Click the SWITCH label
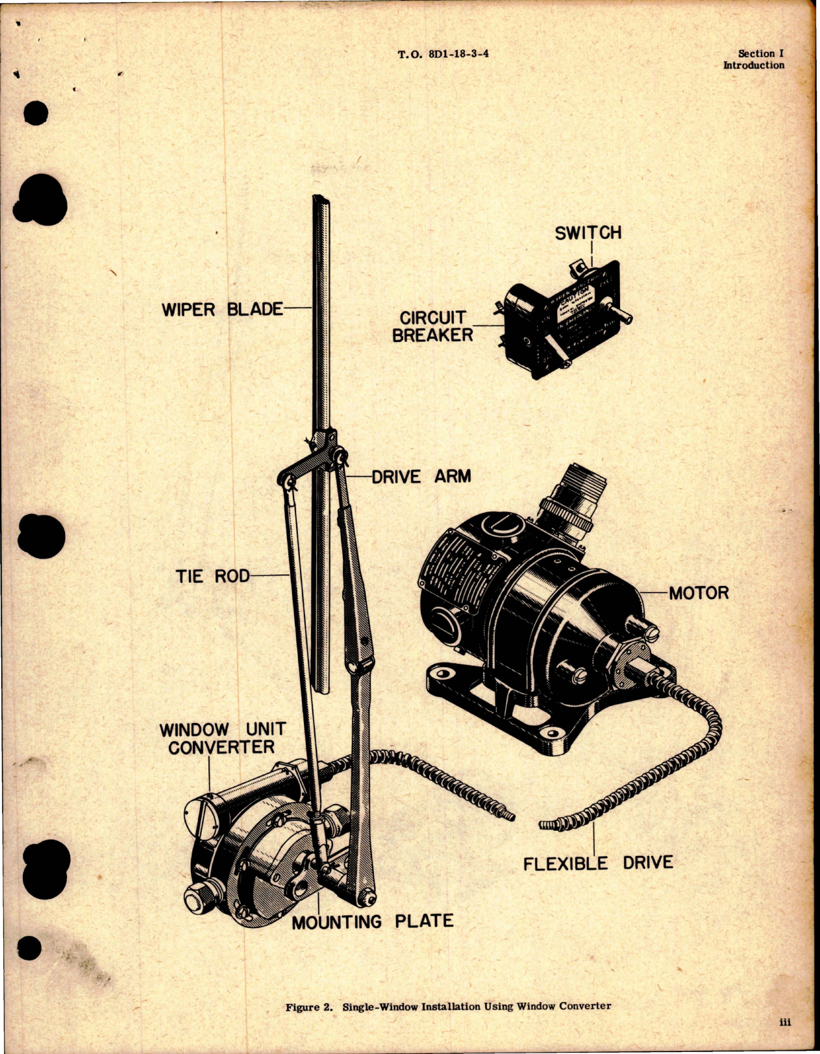coord(588,233)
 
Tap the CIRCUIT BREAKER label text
coord(432,326)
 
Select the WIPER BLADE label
coord(222,310)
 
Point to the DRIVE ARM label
coord(421,476)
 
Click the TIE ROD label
coord(212,576)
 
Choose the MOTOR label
coord(699,593)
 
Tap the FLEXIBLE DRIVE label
coord(597,863)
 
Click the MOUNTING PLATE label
coord(372,922)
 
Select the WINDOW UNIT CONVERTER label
coord(223,739)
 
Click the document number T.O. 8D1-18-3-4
coord(443,54)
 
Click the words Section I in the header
coord(760,54)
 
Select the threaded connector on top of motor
coord(574,498)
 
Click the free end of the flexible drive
coord(543,825)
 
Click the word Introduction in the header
coord(753,66)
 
